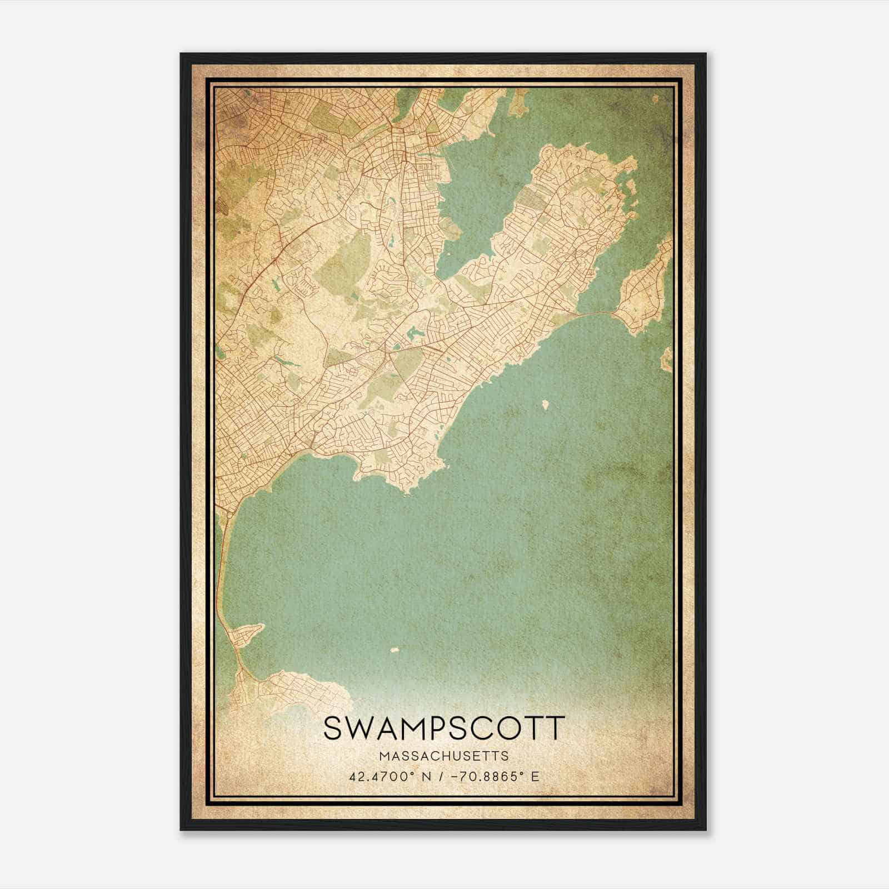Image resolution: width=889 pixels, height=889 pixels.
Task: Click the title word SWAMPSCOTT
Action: (x=444, y=728)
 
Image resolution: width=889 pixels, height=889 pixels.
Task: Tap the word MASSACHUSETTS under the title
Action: (x=444, y=756)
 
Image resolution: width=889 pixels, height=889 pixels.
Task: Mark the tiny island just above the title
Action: (x=396, y=649)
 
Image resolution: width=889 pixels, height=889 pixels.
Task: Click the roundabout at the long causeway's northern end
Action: (x=229, y=516)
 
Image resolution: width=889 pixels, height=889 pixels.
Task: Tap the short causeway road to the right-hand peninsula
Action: (x=597, y=314)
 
